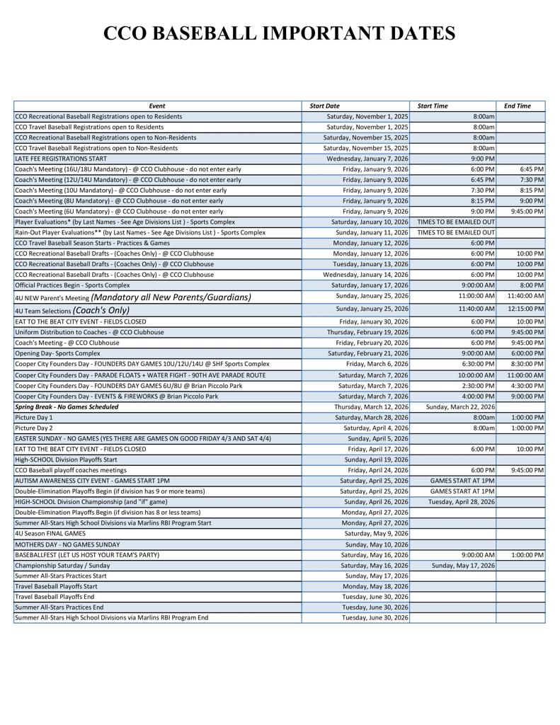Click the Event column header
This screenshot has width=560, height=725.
[157, 106]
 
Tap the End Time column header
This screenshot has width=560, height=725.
[517, 106]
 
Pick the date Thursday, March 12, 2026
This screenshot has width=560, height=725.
[371, 407]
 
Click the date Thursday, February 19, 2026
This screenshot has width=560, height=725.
[367, 332]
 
